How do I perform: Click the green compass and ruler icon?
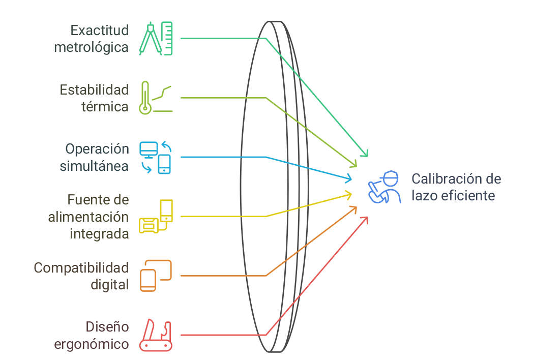coord(156,38)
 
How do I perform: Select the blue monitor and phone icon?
coord(156,157)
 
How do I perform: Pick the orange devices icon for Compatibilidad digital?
coord(156,276)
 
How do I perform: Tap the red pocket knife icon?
coord(156,335)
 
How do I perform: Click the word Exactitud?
coord(100,29)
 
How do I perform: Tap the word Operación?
coord(97,148)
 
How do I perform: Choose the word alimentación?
coord(88,217)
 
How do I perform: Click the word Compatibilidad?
coord(81,267)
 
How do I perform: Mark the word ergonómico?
coord(92,344)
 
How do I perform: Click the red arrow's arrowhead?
coord(365,219)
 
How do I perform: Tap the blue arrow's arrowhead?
coord(349,178)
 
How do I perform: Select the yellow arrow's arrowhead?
coord(349,193)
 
